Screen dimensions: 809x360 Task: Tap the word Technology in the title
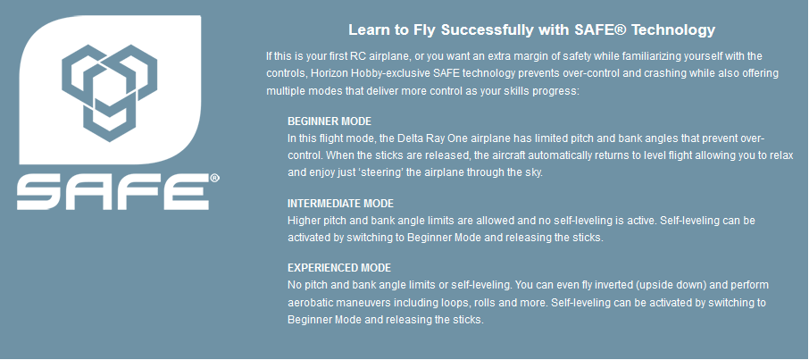[673, 30]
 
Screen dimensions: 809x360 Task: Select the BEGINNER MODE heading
[329, 121]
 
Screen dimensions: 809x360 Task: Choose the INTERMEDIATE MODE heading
[340, 204]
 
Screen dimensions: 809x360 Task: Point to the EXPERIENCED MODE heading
[339, 268]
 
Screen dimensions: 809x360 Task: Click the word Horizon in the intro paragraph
[328, 73]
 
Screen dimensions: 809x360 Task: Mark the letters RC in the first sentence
[352, 55]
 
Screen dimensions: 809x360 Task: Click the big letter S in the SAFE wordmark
[41, 192]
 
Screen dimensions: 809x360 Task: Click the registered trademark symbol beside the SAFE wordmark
[214, 179]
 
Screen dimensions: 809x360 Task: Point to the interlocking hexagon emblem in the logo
[109, 93]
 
